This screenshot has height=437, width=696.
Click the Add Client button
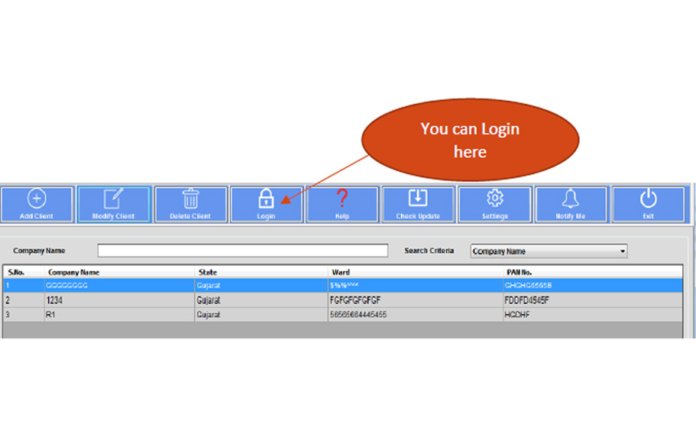[37, 204]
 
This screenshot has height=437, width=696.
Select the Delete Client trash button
[190, 204]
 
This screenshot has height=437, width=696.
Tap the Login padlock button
[266, 204]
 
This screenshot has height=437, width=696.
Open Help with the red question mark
[342, 204]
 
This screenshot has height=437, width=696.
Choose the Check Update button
[418, 204]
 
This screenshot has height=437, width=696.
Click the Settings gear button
[494, 204]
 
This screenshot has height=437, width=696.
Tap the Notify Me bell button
[571, 204]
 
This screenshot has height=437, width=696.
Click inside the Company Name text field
[242, 251]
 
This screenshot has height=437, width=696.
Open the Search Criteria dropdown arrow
[623, 251]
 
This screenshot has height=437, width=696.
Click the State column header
[208, 272]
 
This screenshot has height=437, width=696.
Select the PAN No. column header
[519, 272]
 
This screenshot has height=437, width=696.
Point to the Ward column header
[341, 272]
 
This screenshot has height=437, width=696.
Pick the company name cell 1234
[55, 300]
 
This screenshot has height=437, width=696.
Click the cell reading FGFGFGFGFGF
[355, 300]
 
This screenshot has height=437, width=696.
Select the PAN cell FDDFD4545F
[527, 300]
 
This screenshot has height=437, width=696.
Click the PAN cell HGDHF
[517, 314]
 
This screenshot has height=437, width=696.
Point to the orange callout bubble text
[470, 140]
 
